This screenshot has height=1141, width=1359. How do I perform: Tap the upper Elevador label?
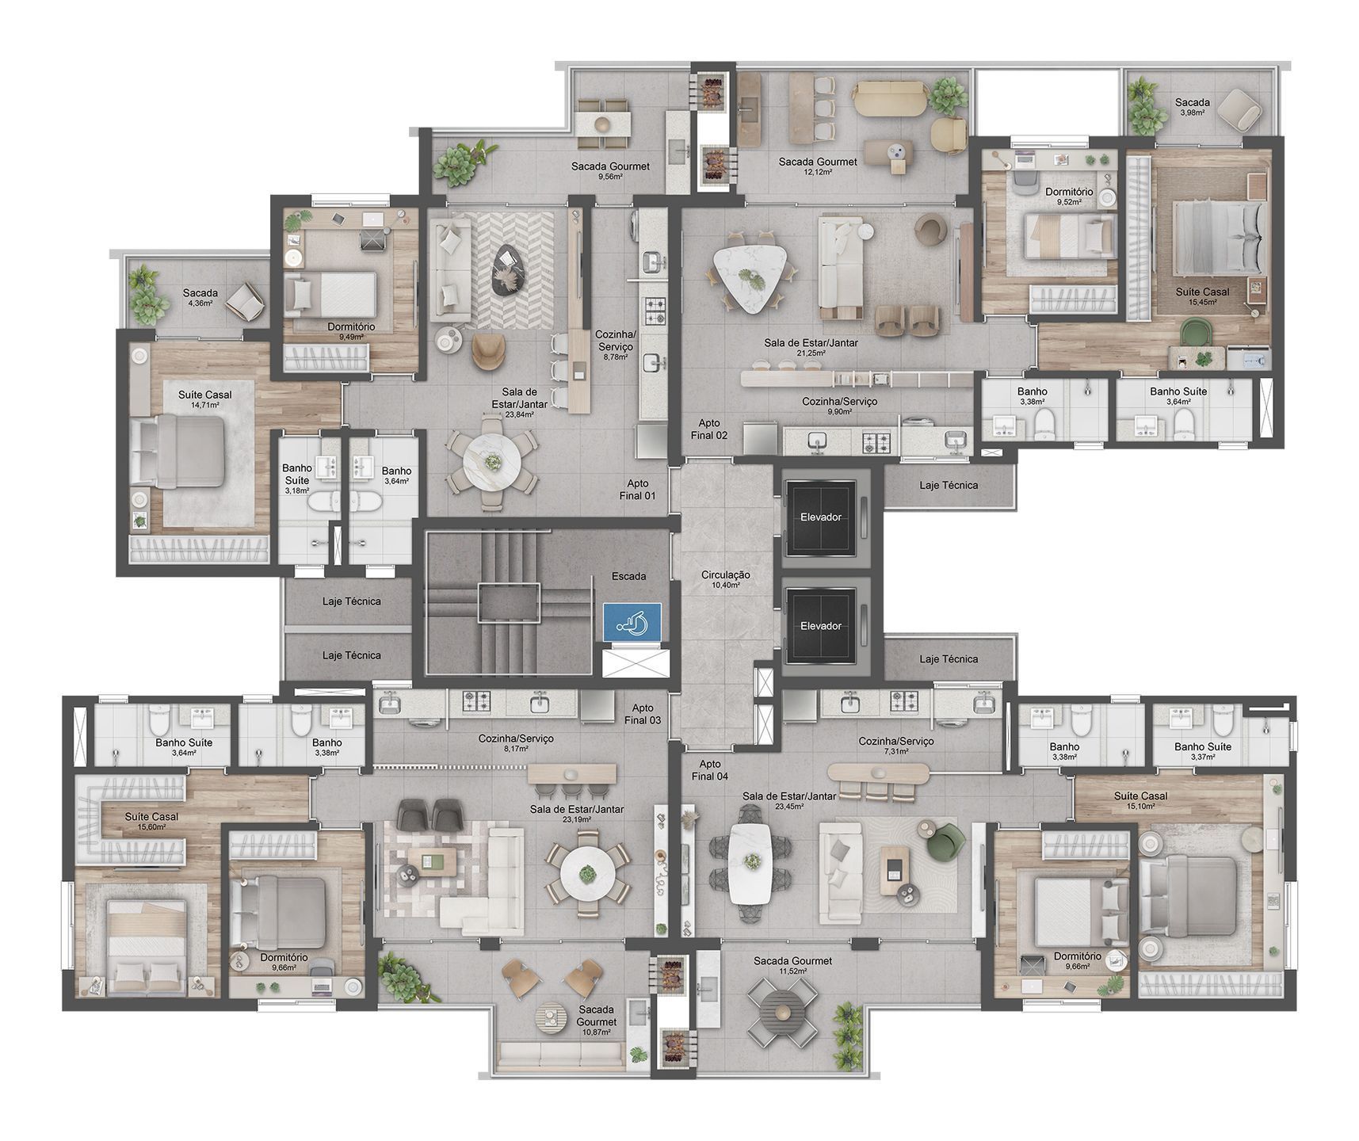click(821, 517)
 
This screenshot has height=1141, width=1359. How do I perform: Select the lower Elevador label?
click(821, 626)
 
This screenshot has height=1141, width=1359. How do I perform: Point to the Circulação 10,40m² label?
click(725, 579)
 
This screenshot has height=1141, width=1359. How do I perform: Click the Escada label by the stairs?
click(628, 576)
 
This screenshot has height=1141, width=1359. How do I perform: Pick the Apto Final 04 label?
click(709, 770)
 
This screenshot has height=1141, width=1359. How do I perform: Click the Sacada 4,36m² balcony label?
click(200, 297)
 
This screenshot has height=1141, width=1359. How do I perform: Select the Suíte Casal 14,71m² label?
click(205, 399)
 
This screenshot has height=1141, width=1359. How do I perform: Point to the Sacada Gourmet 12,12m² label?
click(818, 166)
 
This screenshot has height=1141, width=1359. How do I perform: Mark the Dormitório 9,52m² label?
click(1069, 196)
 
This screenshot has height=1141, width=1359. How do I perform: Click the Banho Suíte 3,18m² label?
click(297, 479)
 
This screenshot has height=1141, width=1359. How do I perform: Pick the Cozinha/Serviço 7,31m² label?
click(896, 746)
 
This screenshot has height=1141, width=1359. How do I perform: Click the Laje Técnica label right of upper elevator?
click(949, 485)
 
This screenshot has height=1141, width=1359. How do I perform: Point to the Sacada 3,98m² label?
click(1192, 107)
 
